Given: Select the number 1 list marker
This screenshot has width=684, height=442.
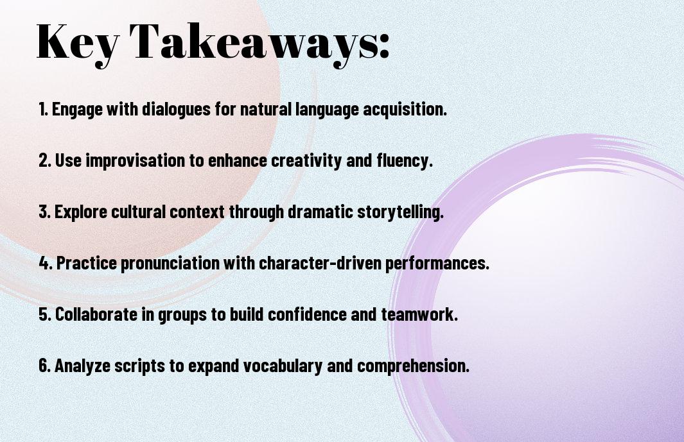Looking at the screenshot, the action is pos(43,109).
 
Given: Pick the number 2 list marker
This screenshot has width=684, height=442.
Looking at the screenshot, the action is pos(44,160).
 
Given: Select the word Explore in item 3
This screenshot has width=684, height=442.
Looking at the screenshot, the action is pos(80,212).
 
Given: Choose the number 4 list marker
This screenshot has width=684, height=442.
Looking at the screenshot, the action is pos(46,263).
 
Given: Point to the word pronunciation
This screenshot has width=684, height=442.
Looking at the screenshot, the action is pos(170,264).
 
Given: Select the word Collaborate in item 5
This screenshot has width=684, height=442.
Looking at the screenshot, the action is pos(96,314).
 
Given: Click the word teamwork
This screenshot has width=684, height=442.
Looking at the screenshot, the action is pos(419,314).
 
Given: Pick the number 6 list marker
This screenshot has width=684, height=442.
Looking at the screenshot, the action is pos(44,366).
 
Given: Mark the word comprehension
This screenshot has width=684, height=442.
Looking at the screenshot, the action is pos(413,366).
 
